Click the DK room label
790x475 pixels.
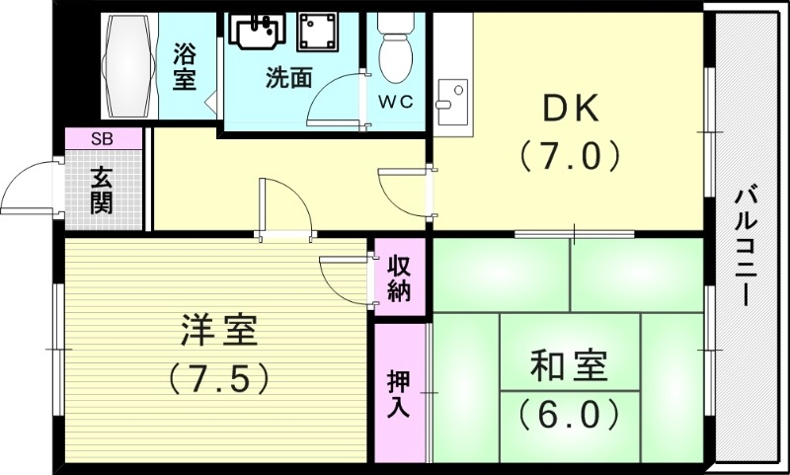click(x=569, y=108)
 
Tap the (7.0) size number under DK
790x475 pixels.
click(x=569, y=155)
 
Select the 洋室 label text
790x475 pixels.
click(x=219, y=331)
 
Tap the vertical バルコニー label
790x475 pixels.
click(x=747, y=248)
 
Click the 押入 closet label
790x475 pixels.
click(x=399, y=393)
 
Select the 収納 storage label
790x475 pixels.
click(x=399, y=278)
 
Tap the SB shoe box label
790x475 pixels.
click(x=102, y=139)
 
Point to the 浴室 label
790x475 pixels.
click(x=184, y=65)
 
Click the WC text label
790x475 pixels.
click(x=400, y=101)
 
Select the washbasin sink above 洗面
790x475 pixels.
click(x=257, y=30)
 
